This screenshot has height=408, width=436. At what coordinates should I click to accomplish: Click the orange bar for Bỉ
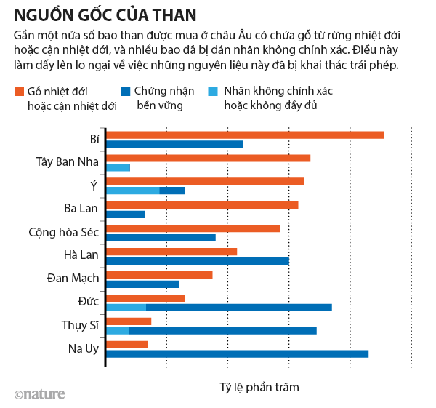coord(245,135)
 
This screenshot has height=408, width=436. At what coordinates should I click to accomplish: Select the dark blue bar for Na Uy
coord(238,353)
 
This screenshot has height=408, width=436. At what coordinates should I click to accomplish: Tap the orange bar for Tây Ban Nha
coord(209,158)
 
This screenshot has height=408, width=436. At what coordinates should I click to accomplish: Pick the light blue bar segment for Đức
coord(126,307)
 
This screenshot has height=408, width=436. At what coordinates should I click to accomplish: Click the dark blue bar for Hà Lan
coord(198,260)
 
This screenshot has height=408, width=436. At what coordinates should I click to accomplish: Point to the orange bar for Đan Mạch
coord(159,275)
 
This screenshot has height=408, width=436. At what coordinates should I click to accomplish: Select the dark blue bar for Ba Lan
coord(126,214)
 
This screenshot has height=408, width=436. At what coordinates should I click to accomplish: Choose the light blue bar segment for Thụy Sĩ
coord(118,330)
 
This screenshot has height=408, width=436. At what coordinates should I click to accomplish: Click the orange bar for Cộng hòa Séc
coord(193,228)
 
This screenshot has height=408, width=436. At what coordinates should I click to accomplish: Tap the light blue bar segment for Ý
coord(133,191)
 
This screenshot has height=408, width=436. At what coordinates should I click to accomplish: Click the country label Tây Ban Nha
coord(68,161)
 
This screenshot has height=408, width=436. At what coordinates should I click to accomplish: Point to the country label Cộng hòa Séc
coord(63,232)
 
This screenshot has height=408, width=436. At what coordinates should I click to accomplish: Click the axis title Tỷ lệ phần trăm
coord(259,388)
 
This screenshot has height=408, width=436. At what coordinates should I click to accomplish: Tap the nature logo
coord(39,394)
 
